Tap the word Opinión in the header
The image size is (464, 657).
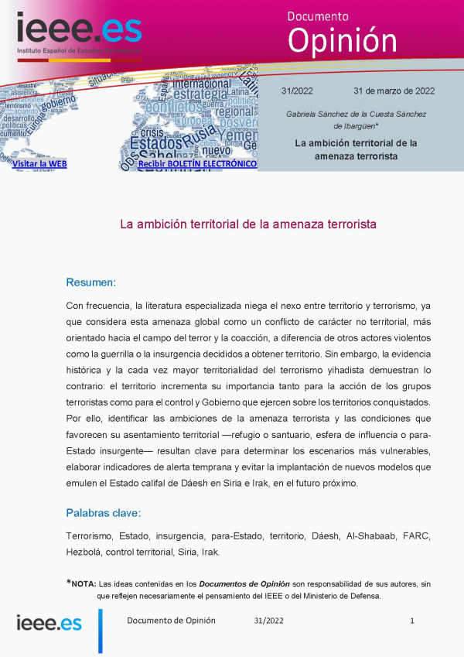pyautogui.click(x=342, y=39)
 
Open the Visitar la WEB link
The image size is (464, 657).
pyautogui.click(x=39, y=164)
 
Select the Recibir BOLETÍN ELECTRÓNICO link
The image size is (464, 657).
pyautogui.click(x=197, y=164)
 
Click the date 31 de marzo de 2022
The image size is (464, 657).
pyautogui.click(x=394, y=91)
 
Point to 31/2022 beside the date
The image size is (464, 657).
pyautogui.click(x=298, y=91)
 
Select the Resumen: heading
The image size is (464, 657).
pyautogui.click(x=90, y=282)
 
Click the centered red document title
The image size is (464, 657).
pyautogui.click(x=247, y=224)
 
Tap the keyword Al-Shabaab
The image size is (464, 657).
pyautogui.click(x=372, y=536)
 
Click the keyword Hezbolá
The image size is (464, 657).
pyautogui.click(x=85, y=552)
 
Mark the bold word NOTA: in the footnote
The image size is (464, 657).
pyautogui.click(x=84, y=583)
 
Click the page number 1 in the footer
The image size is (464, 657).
pyautogui.click(x=412, y=621)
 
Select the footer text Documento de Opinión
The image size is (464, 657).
pyautogui.click(x=171, y=621)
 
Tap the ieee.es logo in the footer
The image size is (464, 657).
pyautogui.click(x=49, y=623)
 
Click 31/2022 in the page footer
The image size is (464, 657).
pyautogui.click(x=268, y=621)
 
